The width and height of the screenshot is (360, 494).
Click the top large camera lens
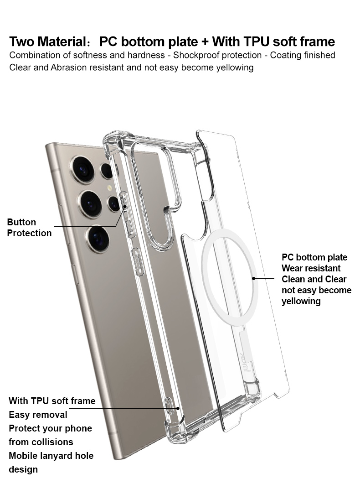pos(83,169)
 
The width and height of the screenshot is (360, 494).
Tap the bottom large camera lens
pos(98,239)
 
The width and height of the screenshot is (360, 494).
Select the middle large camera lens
pos(90,203)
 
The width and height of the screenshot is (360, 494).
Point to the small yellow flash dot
pos(109,187)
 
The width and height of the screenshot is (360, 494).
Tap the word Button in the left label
pos(21,222)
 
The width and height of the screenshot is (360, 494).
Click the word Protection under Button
pos(30,233)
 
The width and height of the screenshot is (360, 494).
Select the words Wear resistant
pos(311,268)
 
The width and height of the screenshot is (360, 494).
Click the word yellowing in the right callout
pos(301,301)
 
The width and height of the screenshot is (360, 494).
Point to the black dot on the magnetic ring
pos(253,278)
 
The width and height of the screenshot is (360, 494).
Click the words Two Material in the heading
pos(45,42)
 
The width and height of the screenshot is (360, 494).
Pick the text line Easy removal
pos(38,415)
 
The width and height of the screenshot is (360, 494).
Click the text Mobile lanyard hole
pos(51,456)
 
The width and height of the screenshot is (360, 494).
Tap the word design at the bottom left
pos(23,469)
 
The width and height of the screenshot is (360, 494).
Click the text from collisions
pos(41,442)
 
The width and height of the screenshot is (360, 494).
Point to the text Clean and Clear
pos(314,279)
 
